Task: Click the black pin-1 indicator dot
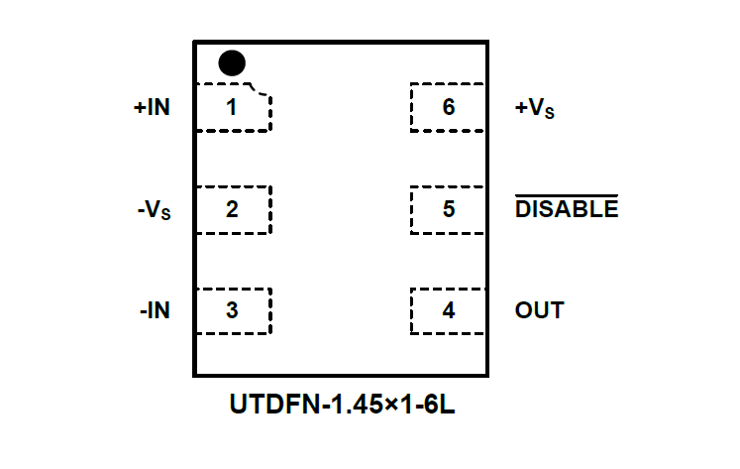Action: coord(231,63)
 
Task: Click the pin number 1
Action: coord(232,107)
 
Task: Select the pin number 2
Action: coord(232,209)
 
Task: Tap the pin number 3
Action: coord(232,310)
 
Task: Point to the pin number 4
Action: coord(449,310)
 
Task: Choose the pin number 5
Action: coord(449,209)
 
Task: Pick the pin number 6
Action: coord(449,107)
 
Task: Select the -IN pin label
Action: coord(155,310)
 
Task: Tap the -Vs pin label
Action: coord(154,210)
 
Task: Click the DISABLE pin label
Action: coord(567,210)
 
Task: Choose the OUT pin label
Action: coord(539,310)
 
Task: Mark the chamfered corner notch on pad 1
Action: coord(263,90)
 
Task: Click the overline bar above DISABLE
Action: coord(567,196)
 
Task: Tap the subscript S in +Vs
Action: coord(550,114)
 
